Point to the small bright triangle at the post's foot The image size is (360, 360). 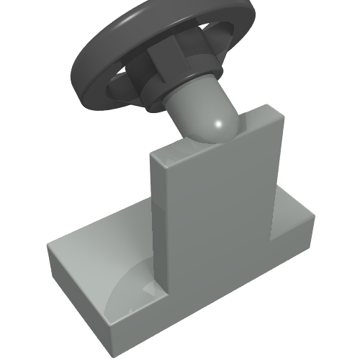[x=151, y=289]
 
